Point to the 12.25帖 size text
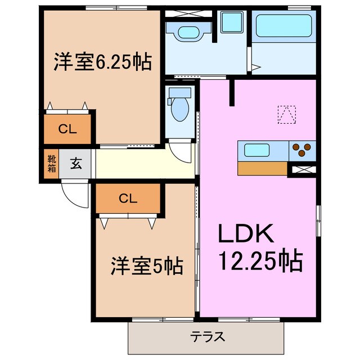tap(260, 260)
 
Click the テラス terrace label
tap(208, 337)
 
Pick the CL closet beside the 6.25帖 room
tap(67, 129)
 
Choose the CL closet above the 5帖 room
tap(128, 197)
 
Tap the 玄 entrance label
tap(75, 164)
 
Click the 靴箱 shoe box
tap(51, 164)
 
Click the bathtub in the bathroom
tap(283, 25)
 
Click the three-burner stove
tap(302, 150)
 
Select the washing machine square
tap(232, 22)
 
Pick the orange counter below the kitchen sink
tap(262, 168)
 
